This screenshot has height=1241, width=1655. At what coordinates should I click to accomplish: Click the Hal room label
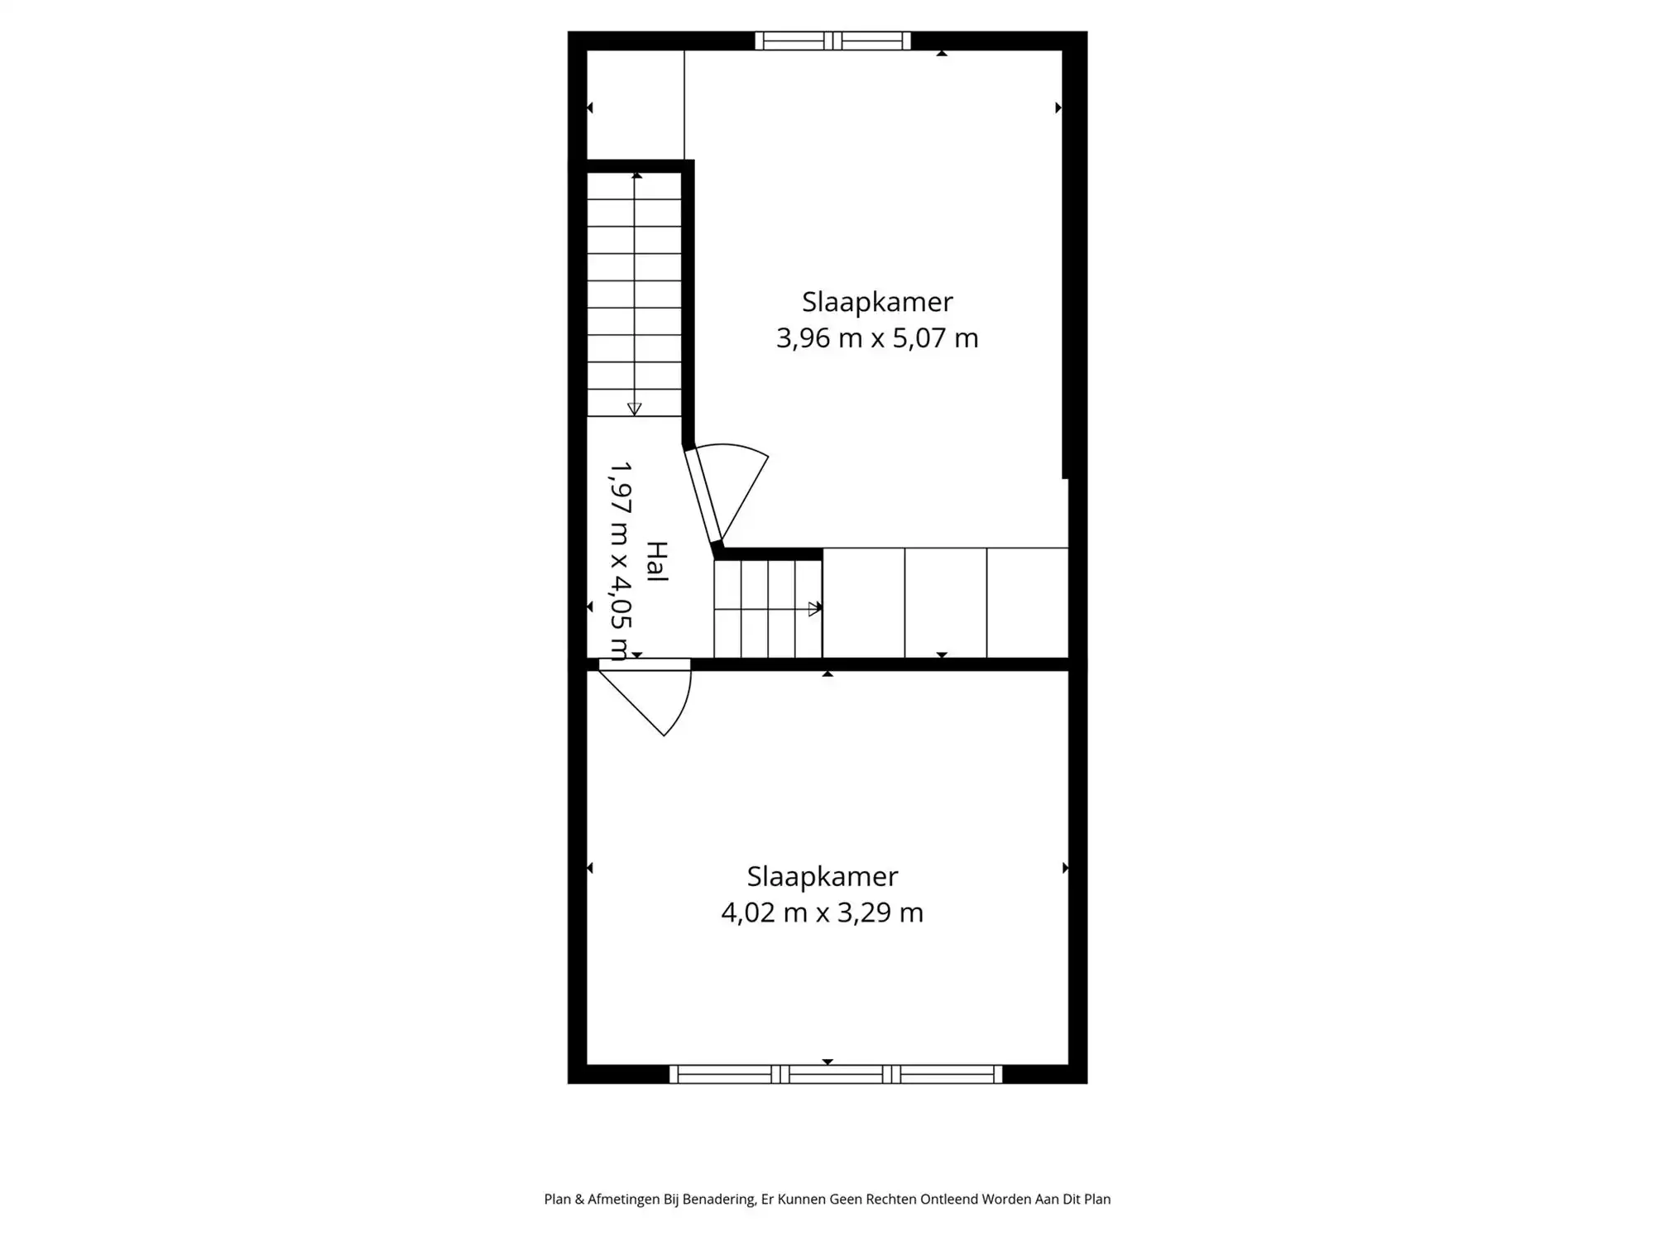656,562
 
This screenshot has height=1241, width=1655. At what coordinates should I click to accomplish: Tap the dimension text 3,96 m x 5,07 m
877,338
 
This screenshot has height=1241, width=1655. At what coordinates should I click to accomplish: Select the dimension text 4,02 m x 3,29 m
822,913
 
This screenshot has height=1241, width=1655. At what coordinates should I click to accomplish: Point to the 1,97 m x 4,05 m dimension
620,561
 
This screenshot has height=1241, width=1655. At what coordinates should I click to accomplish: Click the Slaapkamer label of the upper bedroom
877,302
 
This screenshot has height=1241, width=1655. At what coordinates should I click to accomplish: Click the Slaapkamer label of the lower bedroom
822,876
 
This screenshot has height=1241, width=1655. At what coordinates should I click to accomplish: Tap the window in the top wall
832,41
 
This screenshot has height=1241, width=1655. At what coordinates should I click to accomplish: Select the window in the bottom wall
836,1074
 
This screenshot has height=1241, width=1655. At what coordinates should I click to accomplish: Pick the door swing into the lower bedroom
645,699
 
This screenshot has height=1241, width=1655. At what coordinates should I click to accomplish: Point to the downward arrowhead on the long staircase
634,409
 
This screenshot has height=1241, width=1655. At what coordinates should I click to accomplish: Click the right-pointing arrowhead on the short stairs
815,609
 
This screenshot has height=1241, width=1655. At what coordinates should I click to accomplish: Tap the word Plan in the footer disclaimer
558,1199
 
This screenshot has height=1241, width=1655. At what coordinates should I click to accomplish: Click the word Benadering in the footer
718,1200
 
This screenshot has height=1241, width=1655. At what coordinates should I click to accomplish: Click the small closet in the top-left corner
636,104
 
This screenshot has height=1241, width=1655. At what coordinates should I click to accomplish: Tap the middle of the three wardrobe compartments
946,603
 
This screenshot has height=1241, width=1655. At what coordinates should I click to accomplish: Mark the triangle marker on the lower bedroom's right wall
1065,868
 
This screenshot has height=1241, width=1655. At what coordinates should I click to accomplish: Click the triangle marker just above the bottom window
827,1061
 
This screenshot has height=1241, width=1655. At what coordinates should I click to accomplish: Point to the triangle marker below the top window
942,53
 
